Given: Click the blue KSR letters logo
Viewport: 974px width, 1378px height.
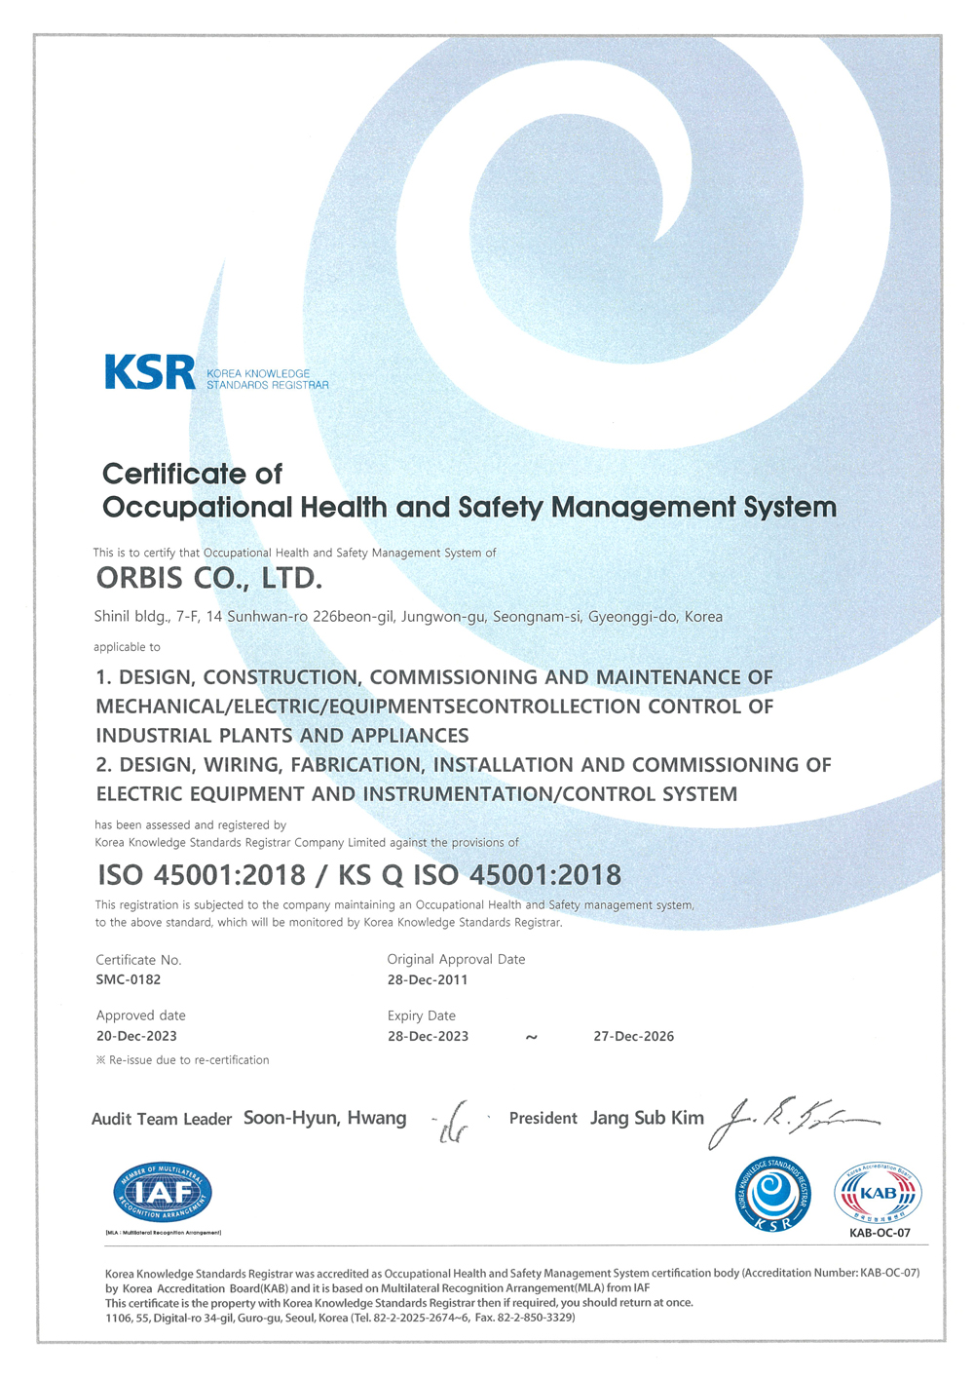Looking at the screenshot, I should (150, 372).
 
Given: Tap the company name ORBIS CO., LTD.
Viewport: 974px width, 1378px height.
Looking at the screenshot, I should (208, 579).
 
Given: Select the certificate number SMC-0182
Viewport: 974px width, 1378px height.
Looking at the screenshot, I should (129, 979).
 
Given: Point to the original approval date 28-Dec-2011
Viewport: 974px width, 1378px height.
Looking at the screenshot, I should (428, 979).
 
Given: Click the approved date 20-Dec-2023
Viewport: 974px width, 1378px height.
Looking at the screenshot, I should (136, 1036).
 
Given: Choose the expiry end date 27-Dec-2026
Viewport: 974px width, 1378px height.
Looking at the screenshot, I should (633, 1036).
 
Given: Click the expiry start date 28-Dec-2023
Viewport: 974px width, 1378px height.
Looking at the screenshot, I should (428, 1036).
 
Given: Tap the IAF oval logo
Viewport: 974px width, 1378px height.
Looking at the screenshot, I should (163, 1192).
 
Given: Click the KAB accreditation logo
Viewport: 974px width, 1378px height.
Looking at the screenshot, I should (878, 1193).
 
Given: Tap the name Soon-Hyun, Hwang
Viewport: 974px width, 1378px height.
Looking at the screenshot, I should (324, 1118).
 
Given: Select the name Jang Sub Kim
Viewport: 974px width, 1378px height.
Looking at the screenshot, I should (647, 1118).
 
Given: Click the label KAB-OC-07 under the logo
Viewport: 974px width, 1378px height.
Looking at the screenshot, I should (880, 1233).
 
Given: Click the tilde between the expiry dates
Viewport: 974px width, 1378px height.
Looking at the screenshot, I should (531, 1037).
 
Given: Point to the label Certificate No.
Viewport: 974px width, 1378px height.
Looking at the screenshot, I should (138, 960).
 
